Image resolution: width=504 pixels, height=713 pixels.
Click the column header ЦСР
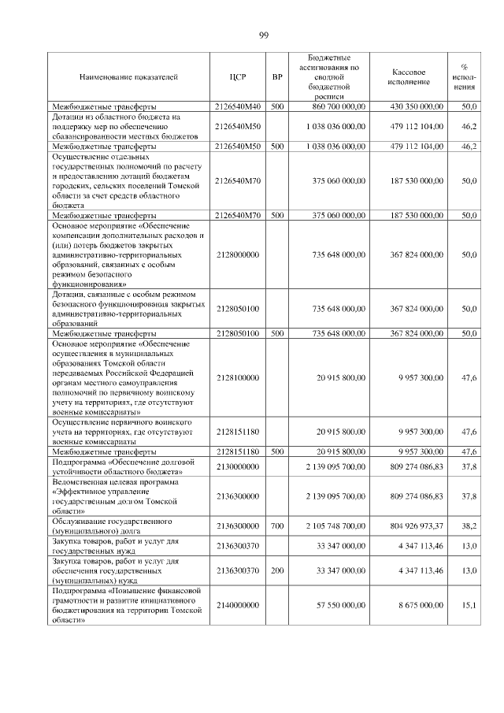point(238,77)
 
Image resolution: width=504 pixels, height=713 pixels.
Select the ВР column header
point(276,77)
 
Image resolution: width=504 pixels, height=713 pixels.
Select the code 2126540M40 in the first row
point(238,106)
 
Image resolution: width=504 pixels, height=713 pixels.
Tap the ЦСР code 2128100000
point(238,378)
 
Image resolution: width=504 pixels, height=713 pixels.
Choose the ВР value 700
point(276,524)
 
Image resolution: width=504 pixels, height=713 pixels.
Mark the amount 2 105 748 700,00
point(336,524)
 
